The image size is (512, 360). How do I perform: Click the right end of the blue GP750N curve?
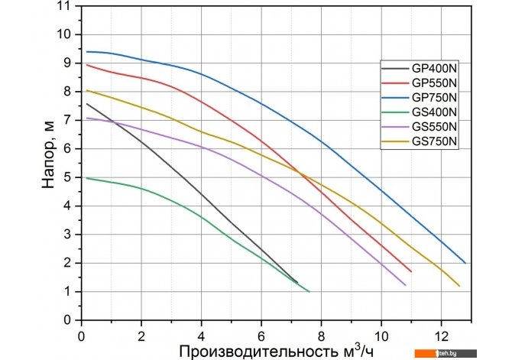point(465,263)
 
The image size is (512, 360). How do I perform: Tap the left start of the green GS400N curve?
point(87,178)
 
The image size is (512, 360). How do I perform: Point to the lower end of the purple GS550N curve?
point(405,285)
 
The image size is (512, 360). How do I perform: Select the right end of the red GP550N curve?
point(411,271)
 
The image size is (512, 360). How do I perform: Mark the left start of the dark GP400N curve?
point(87,104)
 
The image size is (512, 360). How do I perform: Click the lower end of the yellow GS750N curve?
point(459,286)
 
